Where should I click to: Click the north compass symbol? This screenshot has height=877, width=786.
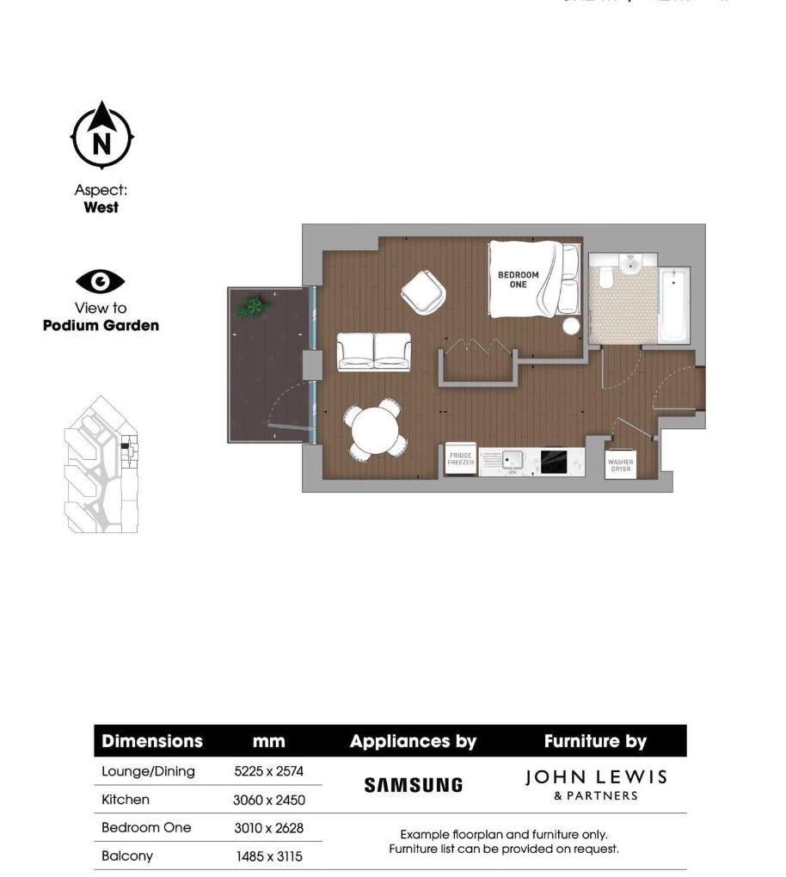coord(101,136)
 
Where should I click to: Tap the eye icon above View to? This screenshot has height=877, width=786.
coord(101,281)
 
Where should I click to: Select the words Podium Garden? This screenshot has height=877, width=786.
coord(101,326)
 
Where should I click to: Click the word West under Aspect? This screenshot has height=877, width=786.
coord(101,207)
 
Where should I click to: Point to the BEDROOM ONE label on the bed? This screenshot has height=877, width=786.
coord(518,279)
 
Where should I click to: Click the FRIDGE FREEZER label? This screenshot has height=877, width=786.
coord(460,459)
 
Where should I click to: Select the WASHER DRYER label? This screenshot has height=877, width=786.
coord(620,465)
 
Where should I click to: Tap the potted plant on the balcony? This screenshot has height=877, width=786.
coord(251,307)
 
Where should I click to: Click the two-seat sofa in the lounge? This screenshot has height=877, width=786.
coord(374,351)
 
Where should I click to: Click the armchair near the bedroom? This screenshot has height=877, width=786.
coord(423,292)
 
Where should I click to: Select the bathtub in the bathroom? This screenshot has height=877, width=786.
coord(673,305)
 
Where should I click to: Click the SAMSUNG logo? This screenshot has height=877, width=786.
coord(413,785)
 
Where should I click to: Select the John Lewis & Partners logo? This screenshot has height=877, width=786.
coord(596,784)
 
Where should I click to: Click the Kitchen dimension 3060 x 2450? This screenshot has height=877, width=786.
coord(268,800)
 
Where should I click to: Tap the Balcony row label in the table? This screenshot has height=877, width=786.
coord(126,856)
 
